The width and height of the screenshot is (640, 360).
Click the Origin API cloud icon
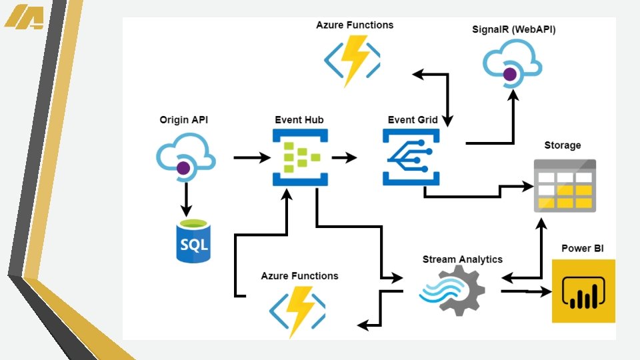point(186,158)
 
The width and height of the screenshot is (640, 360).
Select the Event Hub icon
point(297,157)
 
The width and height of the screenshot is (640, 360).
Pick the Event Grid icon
point(411,157)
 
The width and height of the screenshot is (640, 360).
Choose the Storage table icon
point(564,186)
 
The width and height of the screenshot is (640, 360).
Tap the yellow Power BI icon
point(583,291)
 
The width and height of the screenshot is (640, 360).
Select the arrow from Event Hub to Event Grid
point(343,158)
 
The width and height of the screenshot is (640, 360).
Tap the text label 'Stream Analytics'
point(463,259)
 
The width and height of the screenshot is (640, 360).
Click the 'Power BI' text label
point(583,249)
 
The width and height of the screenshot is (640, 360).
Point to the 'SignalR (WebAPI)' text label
point(513,30)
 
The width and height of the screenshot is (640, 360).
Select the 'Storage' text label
point(563,145)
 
